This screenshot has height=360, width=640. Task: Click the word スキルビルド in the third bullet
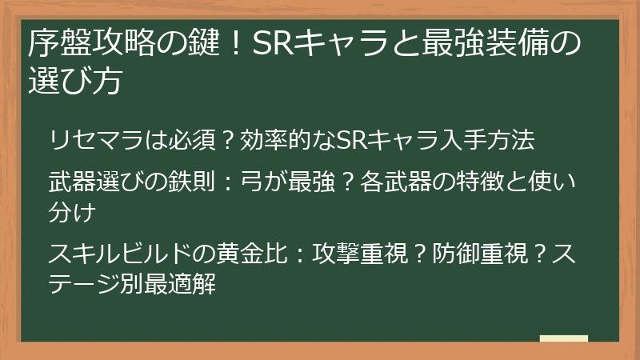[120, 256]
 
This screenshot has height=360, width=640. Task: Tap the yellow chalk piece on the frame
[563, 338]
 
